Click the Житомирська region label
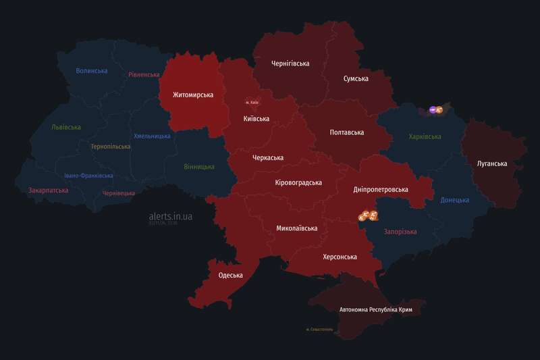192,95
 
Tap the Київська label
256,119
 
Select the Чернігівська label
290,64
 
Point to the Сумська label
355,79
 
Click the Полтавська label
346,133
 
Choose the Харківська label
425,136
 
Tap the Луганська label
491,163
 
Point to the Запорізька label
400,232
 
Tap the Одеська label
230,276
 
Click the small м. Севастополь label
319,330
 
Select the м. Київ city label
252,103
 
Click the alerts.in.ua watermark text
171,216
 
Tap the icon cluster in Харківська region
435,109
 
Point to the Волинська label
92,71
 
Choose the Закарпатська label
48,190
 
